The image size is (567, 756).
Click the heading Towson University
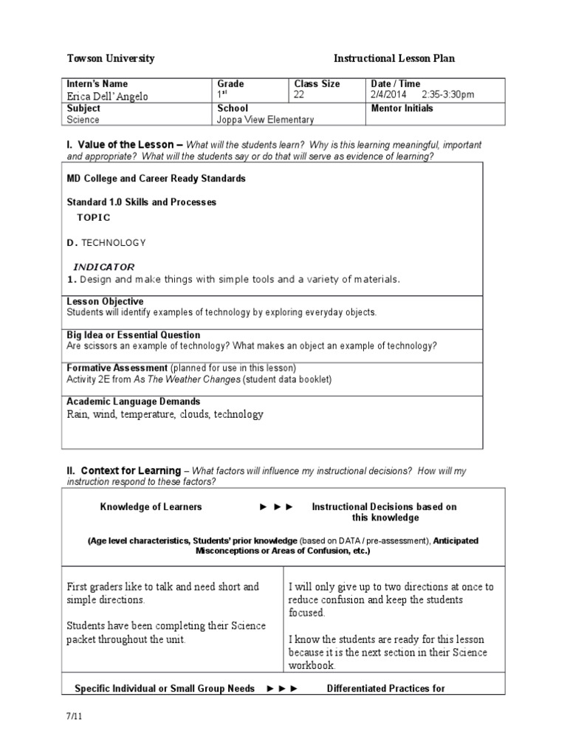coord(111,59)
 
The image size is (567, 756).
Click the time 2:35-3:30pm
coord(448,95)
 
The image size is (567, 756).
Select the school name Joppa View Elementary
coord(265,120)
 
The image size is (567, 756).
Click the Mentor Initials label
coord(402,109)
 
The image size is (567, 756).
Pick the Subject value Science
coord(83,120)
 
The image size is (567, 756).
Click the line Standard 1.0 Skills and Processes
coord(142,202)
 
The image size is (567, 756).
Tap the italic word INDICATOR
coord(103,267)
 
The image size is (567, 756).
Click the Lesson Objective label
coord(105,302)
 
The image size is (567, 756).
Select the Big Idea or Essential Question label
coord(133,335)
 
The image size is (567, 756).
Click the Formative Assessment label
coord(117,368)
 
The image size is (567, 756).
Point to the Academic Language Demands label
coord(133,402)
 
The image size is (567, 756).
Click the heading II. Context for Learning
coord(124,471)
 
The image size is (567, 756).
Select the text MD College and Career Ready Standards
coord(157,179)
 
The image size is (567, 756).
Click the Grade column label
coord(230,84)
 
